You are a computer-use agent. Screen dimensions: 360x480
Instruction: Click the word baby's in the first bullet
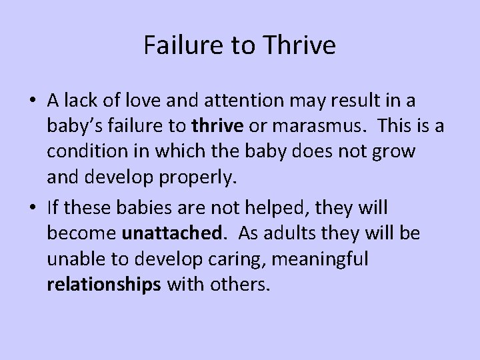point(76,127)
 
